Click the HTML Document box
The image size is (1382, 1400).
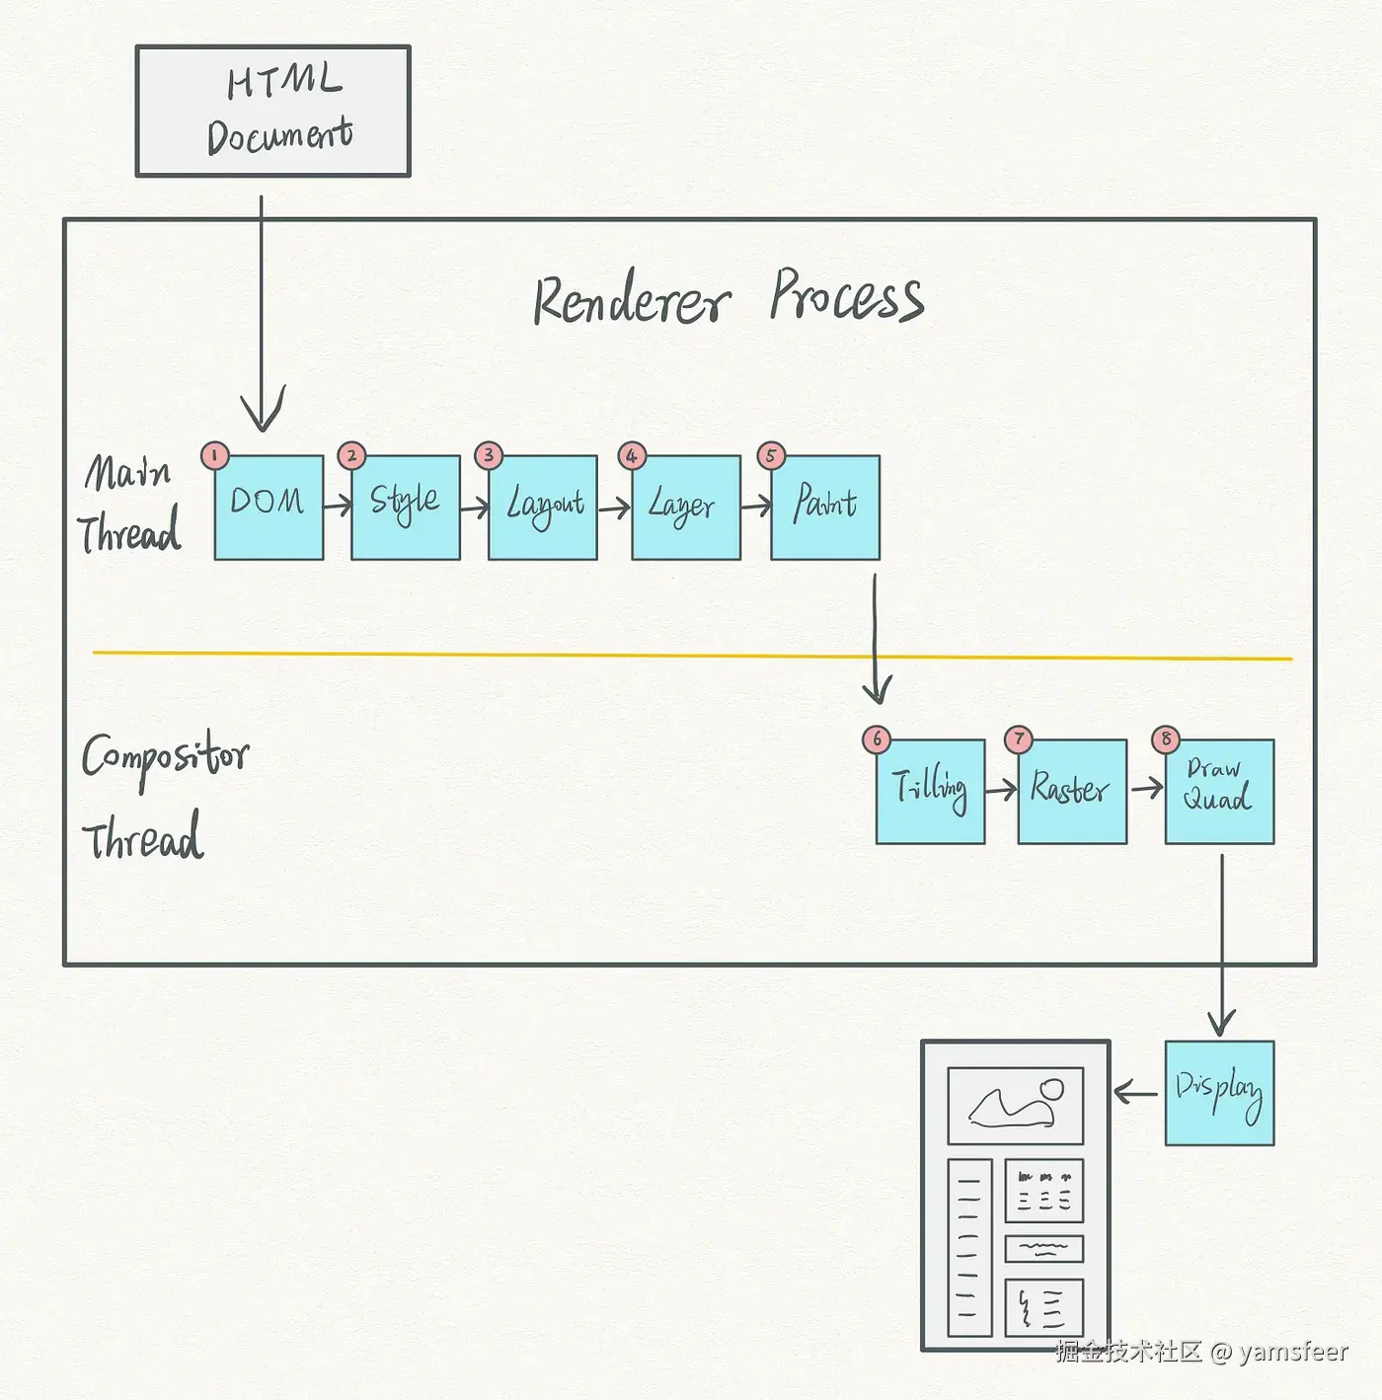click(x=272, y=111)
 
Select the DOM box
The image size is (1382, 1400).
click(x=269, y=507)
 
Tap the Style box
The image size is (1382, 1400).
click(x=406, y=507)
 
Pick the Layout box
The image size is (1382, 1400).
click(x=543, y=507)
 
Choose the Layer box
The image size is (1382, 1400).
click(x=686, y=507)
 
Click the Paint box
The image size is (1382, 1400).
click(x=825, y=507)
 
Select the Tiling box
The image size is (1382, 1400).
click(x=931, y=792)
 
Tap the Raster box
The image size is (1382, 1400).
click(x=1072, y=792)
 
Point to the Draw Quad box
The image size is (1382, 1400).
click(x=1219, y=792)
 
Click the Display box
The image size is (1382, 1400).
click(x=1219, y=1093)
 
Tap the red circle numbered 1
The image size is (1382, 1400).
click(x=214, y=455)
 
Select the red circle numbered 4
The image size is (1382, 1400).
click(x=632, y=455)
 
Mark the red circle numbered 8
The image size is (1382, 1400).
click(x=1166, y=739)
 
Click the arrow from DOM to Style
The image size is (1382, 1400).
click(x=338, y=506)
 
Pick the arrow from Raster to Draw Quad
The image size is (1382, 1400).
click(x=1146, y=788)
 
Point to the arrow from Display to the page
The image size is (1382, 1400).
click(x=1135, y=1093)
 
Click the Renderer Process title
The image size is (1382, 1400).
click(x=729, y=298)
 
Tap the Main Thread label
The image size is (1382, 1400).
click(x=130, y=504)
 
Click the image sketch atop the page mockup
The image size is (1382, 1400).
click(x=1016, y=1105)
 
